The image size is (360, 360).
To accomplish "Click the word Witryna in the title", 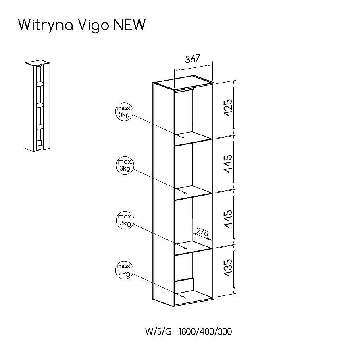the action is point(46,25).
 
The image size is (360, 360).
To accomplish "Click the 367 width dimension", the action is point(193,59).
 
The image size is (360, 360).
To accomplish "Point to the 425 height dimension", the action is point(228,108).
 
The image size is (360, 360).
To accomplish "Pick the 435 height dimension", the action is point(228,268).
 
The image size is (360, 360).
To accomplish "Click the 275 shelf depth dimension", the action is point(202,232).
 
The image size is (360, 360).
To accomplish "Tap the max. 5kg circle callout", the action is point(125,270).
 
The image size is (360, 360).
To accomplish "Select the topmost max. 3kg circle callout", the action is point(124,111).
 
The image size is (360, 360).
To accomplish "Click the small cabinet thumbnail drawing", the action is point(37,106).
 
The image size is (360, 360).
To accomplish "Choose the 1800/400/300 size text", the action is point(205,331).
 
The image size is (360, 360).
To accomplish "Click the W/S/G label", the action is point(158,331).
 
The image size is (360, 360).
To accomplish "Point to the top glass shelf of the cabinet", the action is point(192,138).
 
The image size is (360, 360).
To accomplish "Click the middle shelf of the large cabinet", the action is point(192,192).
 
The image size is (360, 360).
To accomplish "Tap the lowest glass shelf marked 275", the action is point(192,248).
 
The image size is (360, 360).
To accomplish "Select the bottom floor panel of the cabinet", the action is point(193,298).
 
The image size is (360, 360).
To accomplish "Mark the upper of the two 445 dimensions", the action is point(228,163).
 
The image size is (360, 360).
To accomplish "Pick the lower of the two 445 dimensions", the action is point(228,219).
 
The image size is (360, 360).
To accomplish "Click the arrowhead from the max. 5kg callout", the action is point(184,298).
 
